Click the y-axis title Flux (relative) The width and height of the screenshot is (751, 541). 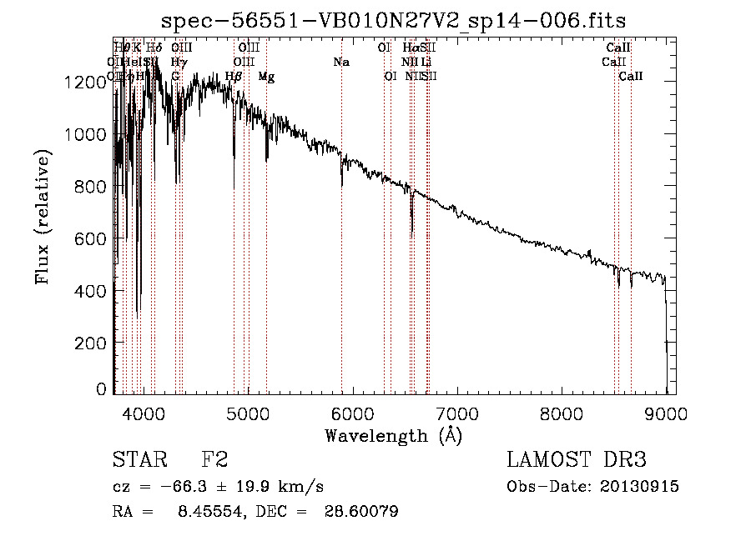pos(43,216)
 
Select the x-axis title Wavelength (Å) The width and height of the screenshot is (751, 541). pos(393,435)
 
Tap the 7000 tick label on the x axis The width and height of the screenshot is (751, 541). pos(456,413)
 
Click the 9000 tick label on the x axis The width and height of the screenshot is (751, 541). pos(666,413)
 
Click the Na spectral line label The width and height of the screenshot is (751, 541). pos(340,62)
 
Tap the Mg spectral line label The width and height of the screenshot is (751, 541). pos(266,77)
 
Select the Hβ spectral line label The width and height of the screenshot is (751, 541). pos(234,77)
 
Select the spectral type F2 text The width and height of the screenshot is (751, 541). pos(214,460)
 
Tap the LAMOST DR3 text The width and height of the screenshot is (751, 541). pos(576,460)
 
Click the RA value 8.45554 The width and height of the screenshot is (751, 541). pos(208,513)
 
